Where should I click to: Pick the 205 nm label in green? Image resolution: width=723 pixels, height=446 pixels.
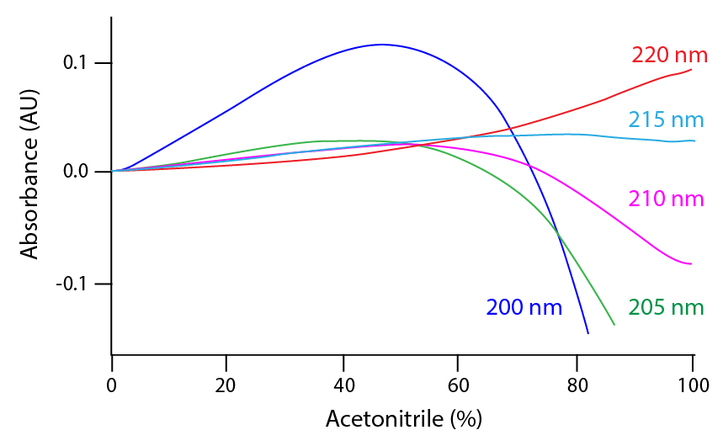[x=666, y=307]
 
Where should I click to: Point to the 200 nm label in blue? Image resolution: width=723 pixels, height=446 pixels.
[x=524, y=307]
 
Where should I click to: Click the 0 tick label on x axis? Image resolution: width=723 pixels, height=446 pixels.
[x=112, y=387]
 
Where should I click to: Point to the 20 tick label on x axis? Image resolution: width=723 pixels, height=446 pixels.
[x=227, y=387]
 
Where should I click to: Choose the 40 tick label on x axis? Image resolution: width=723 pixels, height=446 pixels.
[x=343, y=387]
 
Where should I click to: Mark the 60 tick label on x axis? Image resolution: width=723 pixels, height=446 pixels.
[x=459, y=387]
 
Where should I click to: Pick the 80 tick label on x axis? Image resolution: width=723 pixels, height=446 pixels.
[x=576, y=387]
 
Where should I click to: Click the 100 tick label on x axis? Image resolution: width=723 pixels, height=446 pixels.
[x=691, y=387]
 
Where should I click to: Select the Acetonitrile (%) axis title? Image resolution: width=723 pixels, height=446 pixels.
[x=403, y=418]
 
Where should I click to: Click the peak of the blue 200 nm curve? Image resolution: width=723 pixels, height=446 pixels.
[x=381, y=45]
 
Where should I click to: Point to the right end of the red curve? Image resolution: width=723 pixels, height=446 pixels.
[x=692, y=69]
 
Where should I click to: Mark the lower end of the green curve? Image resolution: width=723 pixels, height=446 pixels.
[x=614, y=325]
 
